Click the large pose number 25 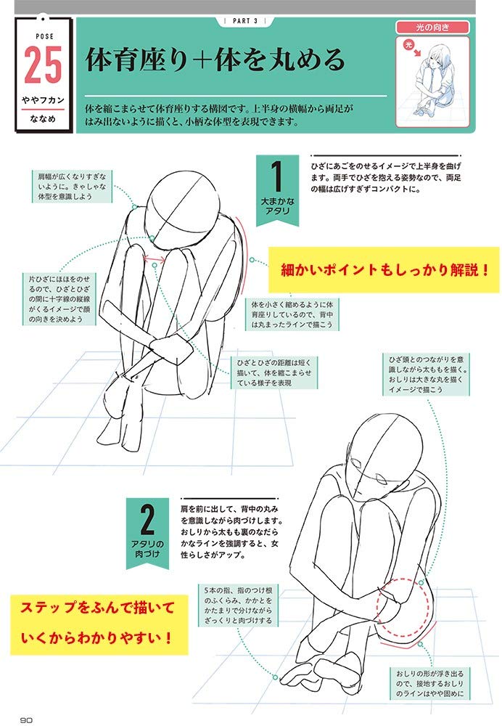pyautogui.click(x=43, y=65)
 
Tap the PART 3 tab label pyautogui.click(x=245, y=21)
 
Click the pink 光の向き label pyautogui.click(x=432, y=28)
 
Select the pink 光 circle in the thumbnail pyautogui.click(x=408, y=44)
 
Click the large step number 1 pyautogui.click(x=276, y=176)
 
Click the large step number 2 pyautogui.click(x=147, y=520)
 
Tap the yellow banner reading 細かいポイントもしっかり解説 pyautogui.click(x=384, y=269)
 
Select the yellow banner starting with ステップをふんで pyautogui.click(x=99, y=624)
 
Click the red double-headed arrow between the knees pyautogui.click(x=155, y=259)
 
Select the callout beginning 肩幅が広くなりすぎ pyautogui.click(x=72, y=186)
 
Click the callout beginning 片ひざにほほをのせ pyautogui.click(x=59, y=298)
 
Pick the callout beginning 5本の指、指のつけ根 pyautogui.click(x=238, y=605)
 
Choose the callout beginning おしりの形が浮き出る pyautogui.click(x=429, y=683)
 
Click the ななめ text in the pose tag pyautogui.click(x=43, y=119)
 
